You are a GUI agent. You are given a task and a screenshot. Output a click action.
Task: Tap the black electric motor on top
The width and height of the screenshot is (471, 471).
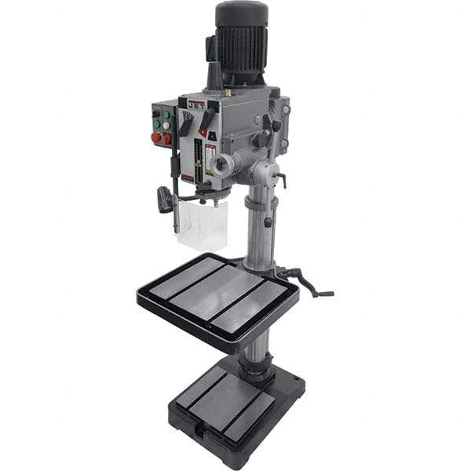pos(242,39)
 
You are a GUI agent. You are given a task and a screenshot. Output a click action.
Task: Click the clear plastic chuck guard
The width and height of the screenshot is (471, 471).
pos(202,223)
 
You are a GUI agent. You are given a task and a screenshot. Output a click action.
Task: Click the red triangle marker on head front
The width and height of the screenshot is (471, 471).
pos(202,133)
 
